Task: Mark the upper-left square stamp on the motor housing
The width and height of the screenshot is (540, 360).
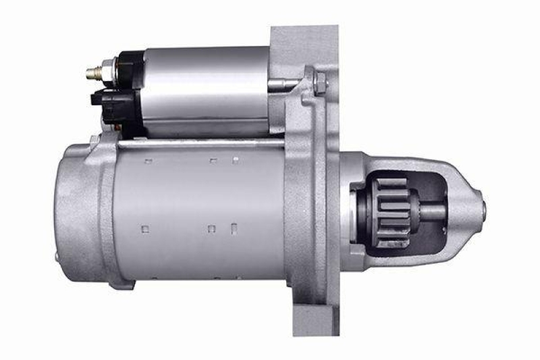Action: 148,161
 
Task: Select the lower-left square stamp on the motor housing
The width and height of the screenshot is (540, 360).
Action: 144,229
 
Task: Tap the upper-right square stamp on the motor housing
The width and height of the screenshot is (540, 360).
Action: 236,161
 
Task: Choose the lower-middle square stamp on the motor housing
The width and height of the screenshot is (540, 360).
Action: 211,228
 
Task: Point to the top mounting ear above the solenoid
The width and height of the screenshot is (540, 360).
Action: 304,41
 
